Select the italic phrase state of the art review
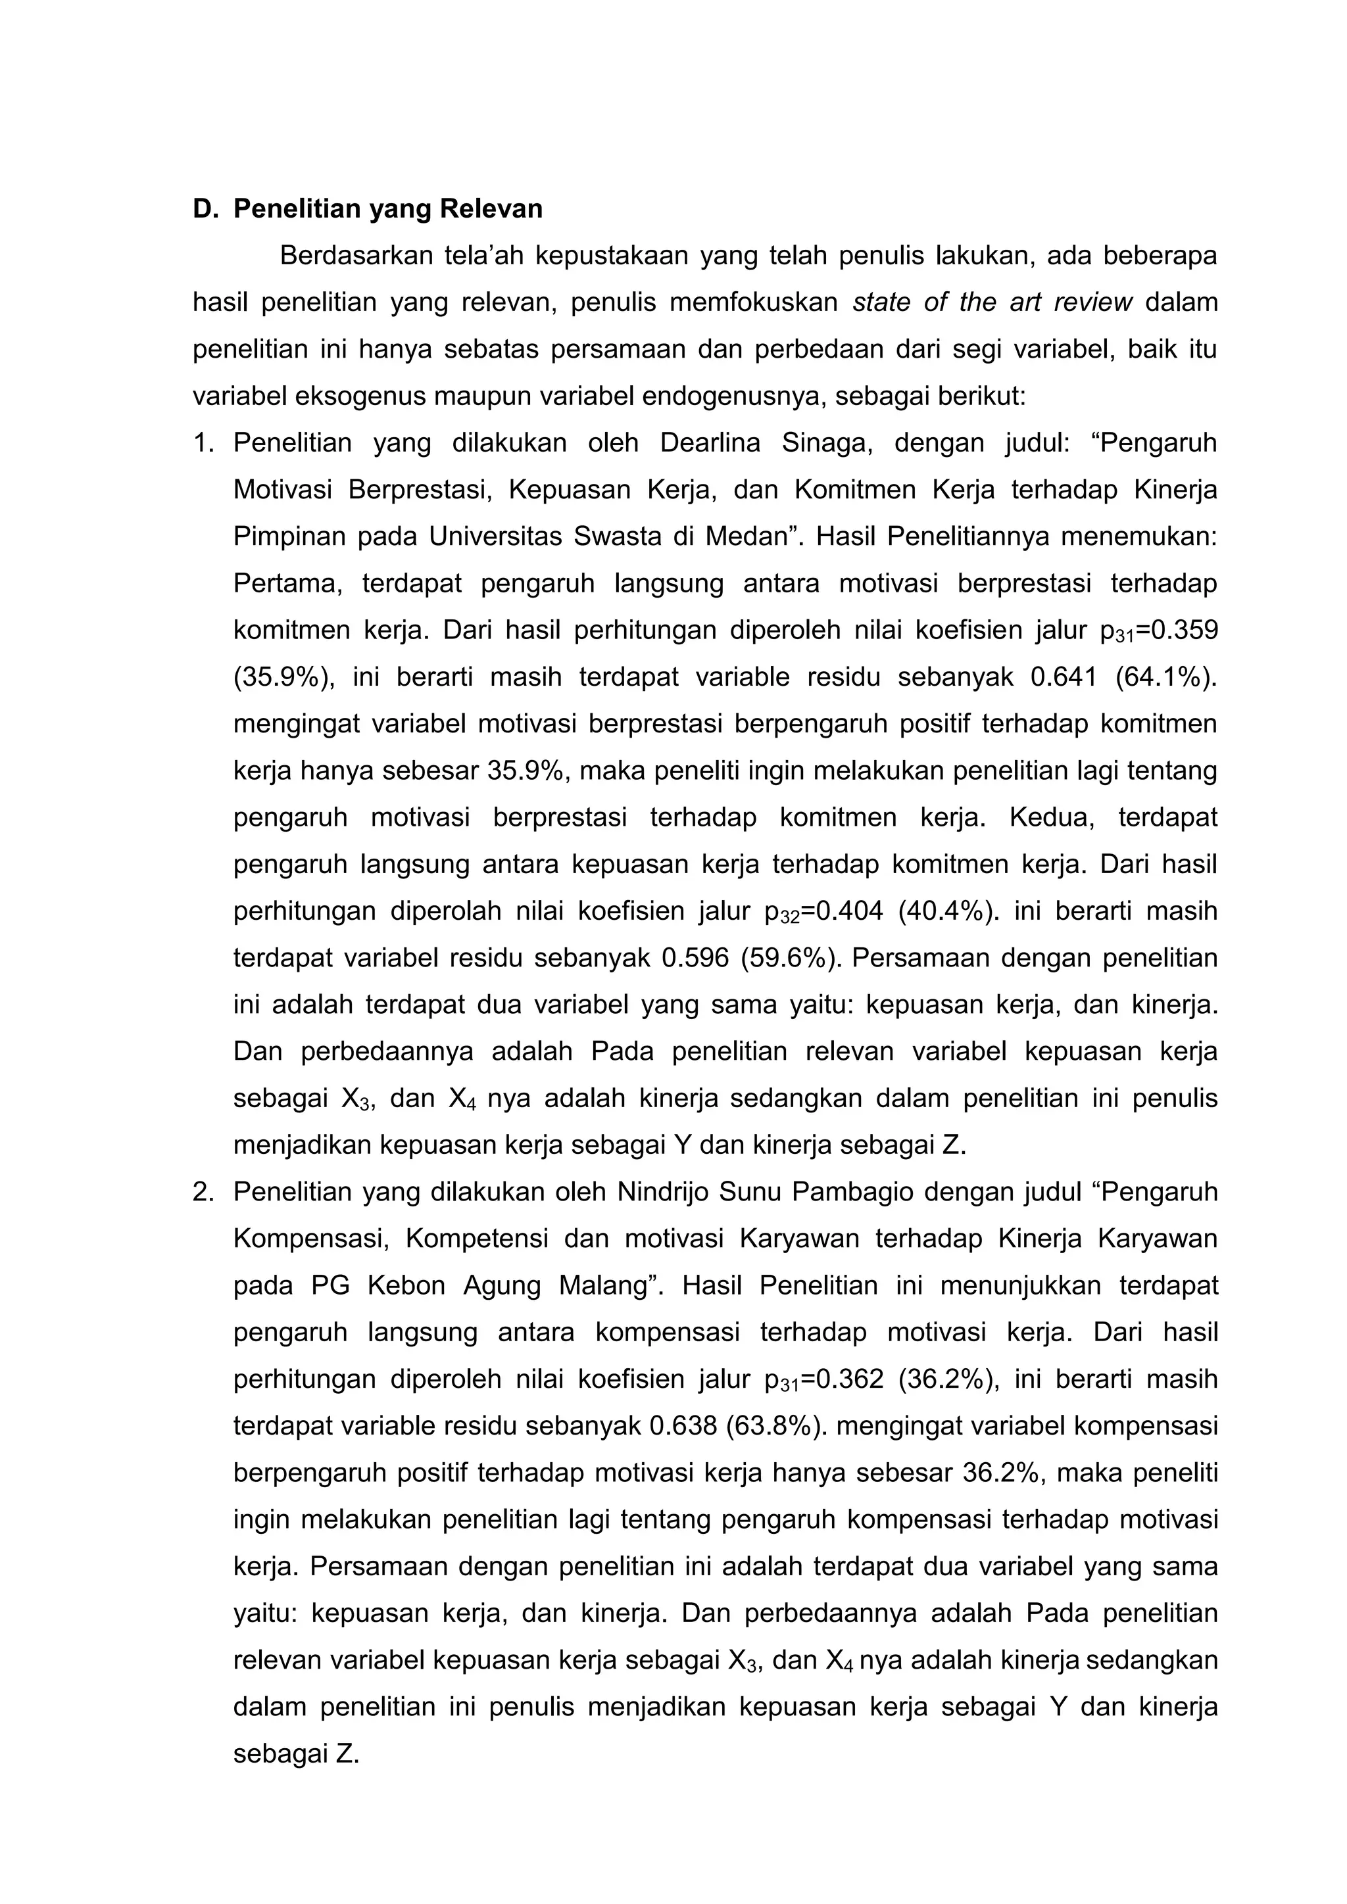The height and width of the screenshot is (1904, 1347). tap(992, 302)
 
